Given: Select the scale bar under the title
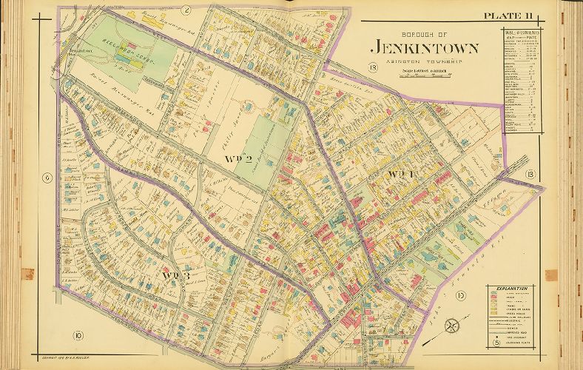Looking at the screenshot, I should pos(419,70).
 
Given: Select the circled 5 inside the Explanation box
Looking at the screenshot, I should pos(496,341).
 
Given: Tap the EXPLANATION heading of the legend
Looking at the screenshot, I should pos(513,288).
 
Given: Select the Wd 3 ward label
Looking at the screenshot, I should pos(177,276).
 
